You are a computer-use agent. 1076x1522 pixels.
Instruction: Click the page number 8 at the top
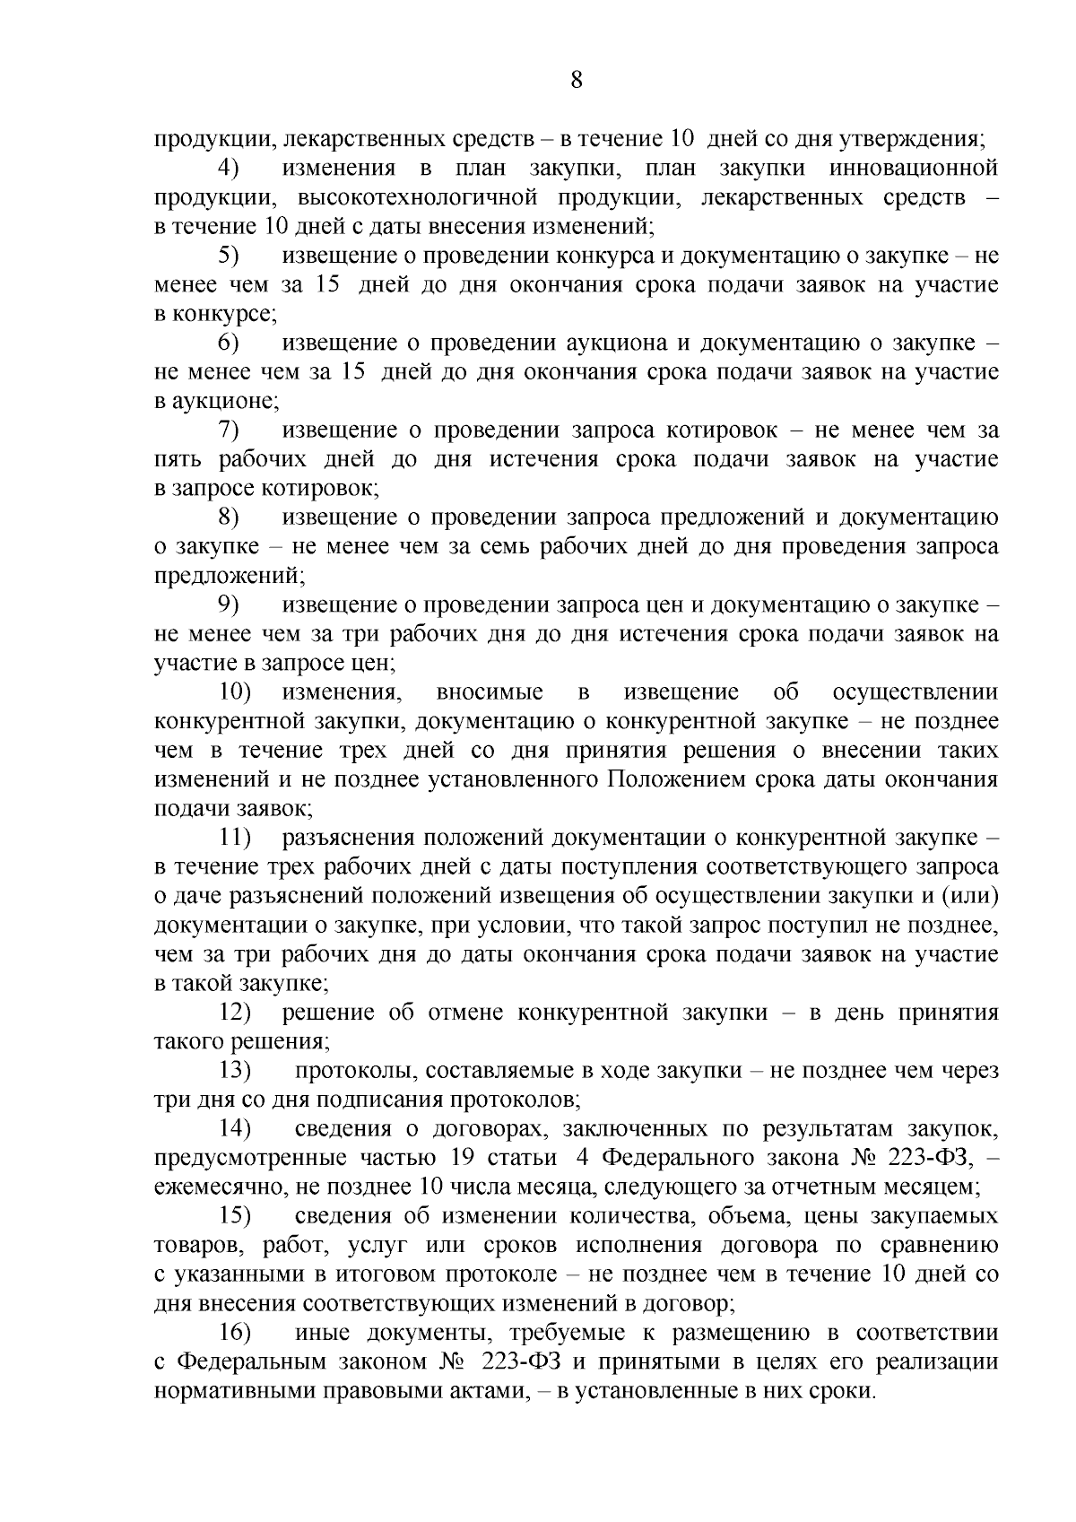click(x=577, y=81)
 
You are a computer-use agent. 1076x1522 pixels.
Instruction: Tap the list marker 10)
click(x=236, y=692)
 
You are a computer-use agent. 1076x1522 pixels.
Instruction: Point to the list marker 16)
click(x=236, y=1332)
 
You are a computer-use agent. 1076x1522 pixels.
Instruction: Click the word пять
click(x=176, y=459)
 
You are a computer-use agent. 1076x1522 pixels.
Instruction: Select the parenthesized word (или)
click(x=970, y=896)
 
